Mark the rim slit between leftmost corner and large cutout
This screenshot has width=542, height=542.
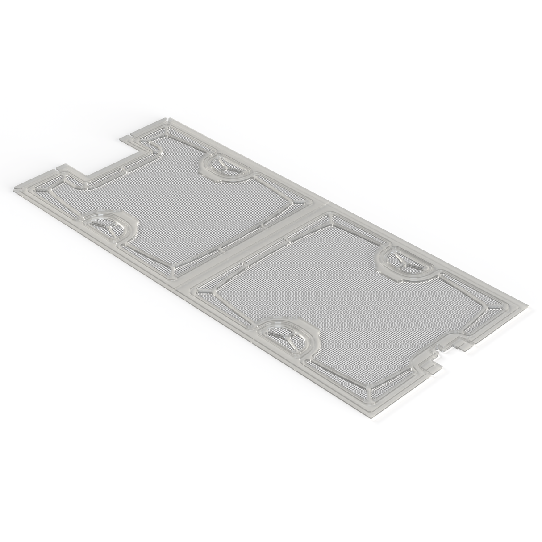[x=58, y=167]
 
